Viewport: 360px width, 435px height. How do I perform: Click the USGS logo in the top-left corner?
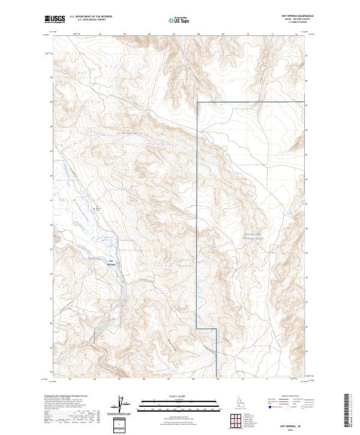click(55, 20)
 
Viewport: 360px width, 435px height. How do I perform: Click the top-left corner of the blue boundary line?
click(197, 103)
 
